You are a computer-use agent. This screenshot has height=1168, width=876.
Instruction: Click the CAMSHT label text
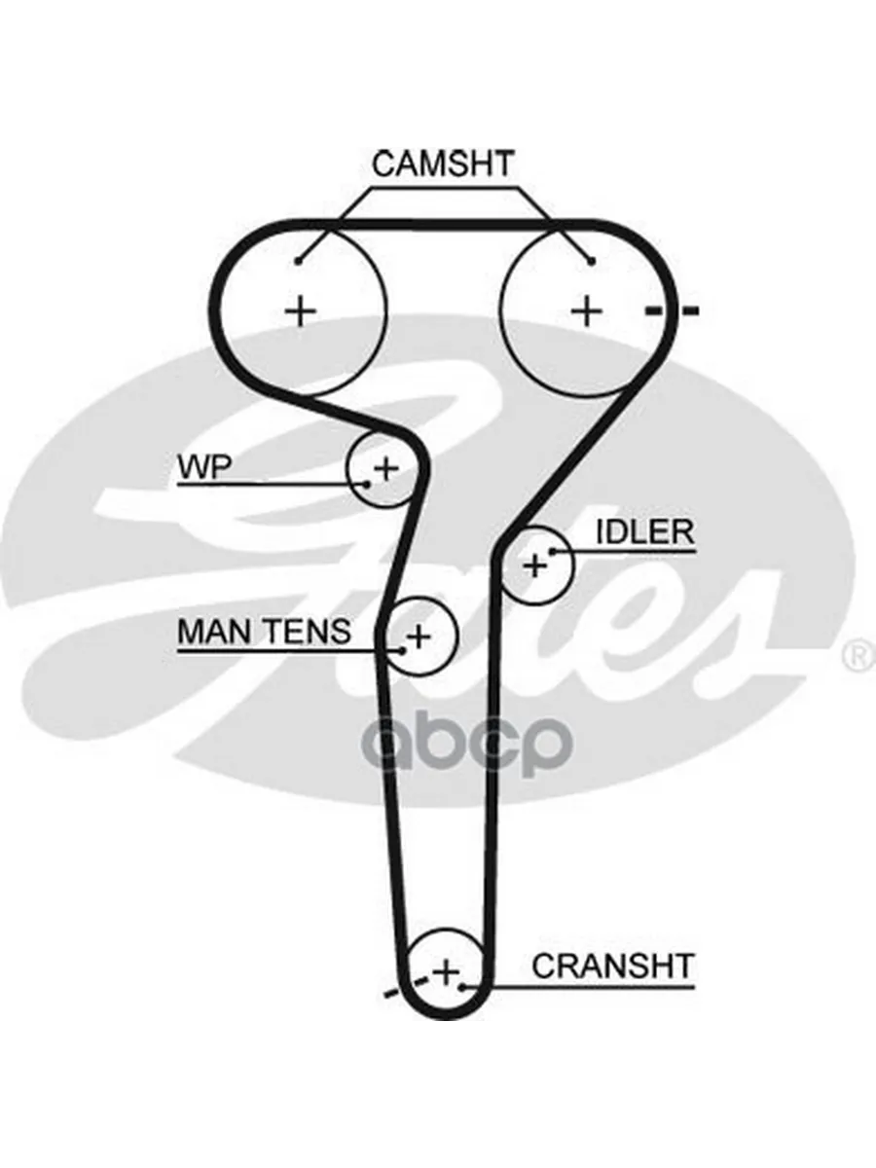pos(442,164)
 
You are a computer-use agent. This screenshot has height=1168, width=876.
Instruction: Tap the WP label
pos(202,467)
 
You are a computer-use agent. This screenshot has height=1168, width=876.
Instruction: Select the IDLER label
pos(644,531)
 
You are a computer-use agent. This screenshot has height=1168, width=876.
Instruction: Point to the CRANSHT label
pos(613,966)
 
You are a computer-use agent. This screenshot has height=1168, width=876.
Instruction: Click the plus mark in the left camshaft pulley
pos(302,311)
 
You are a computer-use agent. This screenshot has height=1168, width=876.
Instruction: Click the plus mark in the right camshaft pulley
pos(587,311)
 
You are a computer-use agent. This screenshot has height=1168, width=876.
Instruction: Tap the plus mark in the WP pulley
pos(386,468)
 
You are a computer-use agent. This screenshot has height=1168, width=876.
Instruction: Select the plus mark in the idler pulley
pos(534,565)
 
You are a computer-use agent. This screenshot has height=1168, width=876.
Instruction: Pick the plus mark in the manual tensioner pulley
pos(419,638)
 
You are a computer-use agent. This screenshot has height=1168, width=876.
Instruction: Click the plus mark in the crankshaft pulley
pos(445,971)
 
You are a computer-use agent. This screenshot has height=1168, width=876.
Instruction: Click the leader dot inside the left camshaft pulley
pos(299,260)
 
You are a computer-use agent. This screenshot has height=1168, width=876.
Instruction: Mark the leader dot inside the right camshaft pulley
pos(592,260)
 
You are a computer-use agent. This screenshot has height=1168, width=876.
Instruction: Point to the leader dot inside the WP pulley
pos(367,483)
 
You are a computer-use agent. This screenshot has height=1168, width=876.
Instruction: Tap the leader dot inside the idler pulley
pos(551,551)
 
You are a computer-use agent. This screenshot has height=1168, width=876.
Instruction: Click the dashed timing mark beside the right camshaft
pos(673,311)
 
